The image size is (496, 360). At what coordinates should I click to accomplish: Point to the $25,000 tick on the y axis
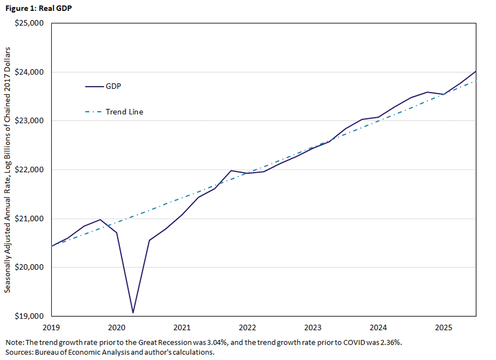click(30, 23)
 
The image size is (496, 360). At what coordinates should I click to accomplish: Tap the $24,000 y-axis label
click(30, 72)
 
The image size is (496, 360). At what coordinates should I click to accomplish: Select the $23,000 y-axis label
click(30, 121)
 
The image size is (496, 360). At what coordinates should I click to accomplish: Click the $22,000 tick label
click(30, 170)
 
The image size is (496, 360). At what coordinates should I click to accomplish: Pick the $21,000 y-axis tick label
click(30, 218)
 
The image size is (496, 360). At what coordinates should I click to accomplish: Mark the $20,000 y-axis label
click(30, 267)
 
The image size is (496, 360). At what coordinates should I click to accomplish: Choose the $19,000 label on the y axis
click(30, 316)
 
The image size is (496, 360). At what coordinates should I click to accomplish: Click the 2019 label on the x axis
click(51, 327)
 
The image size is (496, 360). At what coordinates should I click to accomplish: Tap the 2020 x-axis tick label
click(117, 327)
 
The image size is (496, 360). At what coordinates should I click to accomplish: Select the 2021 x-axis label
click(182, 327)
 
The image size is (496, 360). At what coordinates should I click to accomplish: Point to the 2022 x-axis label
click(248, 327)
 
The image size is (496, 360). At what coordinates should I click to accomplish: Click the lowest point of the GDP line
click(133, 313)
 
